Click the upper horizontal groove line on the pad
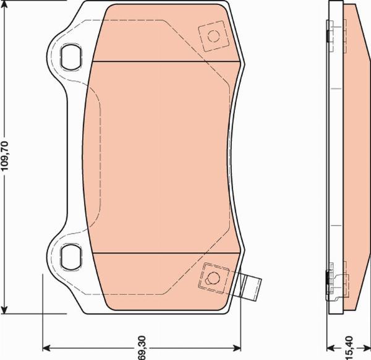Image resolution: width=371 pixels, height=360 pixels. [x=167, y=62]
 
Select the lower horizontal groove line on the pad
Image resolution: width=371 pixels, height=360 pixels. [x=167, y=253]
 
